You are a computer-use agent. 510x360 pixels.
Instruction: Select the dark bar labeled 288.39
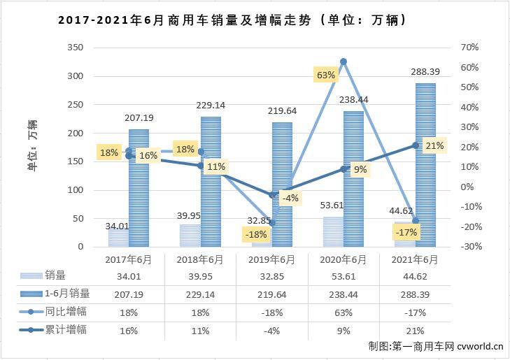pos(425,165)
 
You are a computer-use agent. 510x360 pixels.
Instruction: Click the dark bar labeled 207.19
pos(139,189)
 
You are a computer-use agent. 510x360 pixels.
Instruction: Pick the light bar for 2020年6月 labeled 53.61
pos(332,232)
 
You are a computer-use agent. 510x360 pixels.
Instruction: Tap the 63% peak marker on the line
pos(343,62)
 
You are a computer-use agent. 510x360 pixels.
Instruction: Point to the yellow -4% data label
pos(290,198)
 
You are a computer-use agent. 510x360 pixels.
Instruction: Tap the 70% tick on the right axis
pos(469,48)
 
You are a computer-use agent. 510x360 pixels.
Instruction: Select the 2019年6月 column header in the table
pos(271,259)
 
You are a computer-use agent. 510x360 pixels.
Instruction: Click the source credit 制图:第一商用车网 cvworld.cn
pos(435,346)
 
